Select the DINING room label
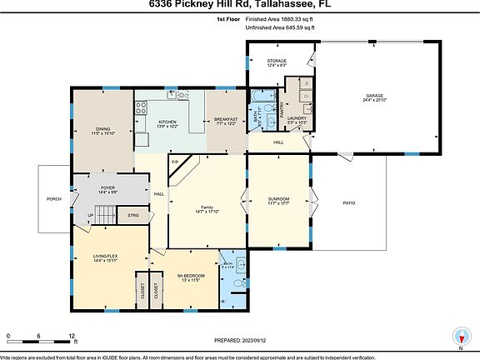click(103, 129)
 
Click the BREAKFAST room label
click(227, 119)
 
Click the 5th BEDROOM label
click(191, 275)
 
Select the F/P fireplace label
click(175, 161)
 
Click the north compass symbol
click(460, 336)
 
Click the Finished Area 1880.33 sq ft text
click(279, 17)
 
